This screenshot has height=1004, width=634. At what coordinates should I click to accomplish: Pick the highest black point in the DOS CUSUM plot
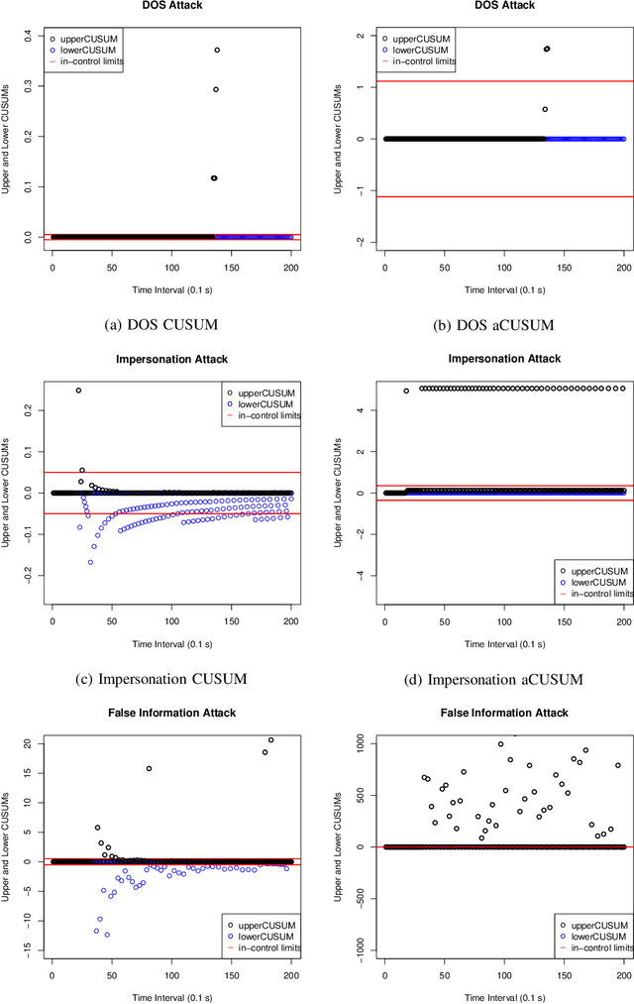tap(217, 50)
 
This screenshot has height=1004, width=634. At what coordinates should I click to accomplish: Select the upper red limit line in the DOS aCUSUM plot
tap(505, 81)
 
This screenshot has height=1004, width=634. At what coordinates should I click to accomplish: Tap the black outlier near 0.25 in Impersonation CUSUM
tap(78, 390)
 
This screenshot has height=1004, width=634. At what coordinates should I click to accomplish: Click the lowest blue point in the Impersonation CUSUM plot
tap(90, 562)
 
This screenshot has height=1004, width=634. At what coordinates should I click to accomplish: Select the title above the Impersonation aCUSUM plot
tap(503, 358)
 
